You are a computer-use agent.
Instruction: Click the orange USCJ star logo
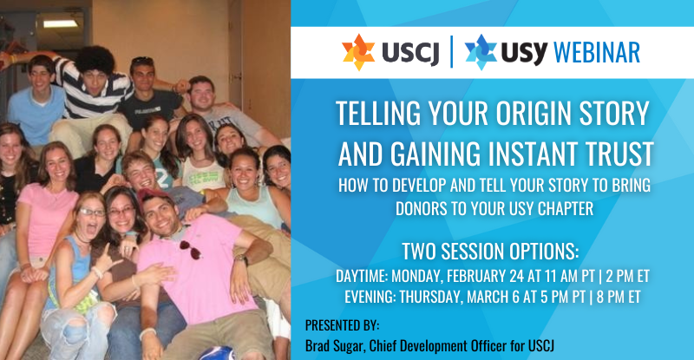point(358,52)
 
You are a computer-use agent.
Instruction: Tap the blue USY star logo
point(481,52)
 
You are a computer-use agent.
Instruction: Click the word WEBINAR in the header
point(597,53)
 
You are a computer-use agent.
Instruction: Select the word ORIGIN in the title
point(534,114)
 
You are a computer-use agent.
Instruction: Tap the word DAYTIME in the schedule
point(361,276)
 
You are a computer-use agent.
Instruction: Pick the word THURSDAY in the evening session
point(429,297)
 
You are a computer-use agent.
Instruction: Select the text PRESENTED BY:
point(342,325)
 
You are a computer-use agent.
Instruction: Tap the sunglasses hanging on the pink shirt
point(191,249)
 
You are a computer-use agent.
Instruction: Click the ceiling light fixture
point(61,23)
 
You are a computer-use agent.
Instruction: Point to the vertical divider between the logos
point(451,52)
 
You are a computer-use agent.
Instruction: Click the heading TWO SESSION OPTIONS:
point(490,251)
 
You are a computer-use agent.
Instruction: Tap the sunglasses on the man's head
point(142,60)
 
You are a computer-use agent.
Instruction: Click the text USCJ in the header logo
point(409,53)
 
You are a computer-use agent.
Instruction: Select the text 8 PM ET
point(619,297)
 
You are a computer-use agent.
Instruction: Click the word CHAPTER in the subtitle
point(566,208)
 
